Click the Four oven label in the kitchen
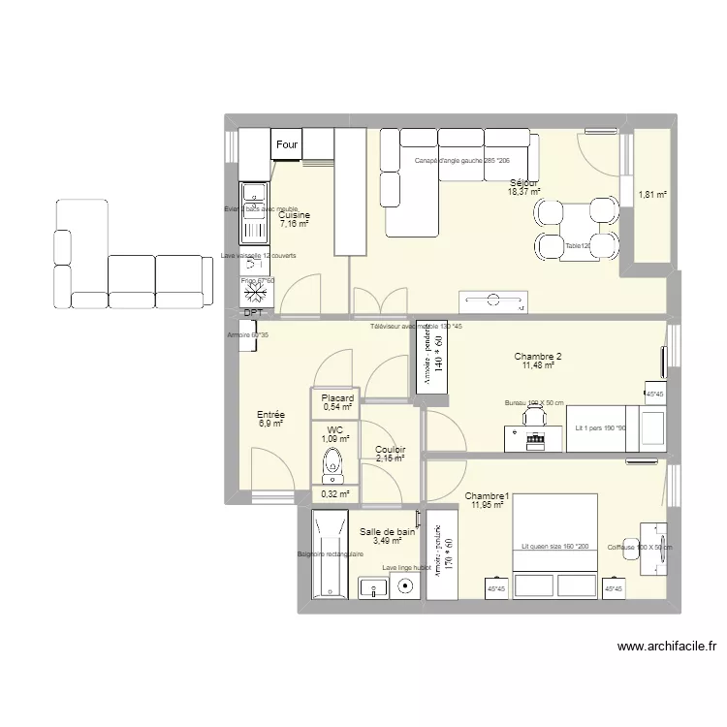pos(287,145)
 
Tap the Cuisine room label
pos(294,215)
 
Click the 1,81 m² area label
pos(652,195)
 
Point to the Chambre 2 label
pos(538,357)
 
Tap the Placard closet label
pos(337,398)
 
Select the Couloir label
pos(390,450)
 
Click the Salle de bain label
pos(387,532)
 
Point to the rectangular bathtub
pos(329,555)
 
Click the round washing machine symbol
pos(404,585)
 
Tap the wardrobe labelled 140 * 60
pos(432,356)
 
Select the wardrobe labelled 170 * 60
pos(441,556)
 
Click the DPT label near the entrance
pos(253,313)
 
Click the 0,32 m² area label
pos(334,493)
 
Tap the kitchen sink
pos(255,213)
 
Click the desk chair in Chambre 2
pos(533,414)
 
